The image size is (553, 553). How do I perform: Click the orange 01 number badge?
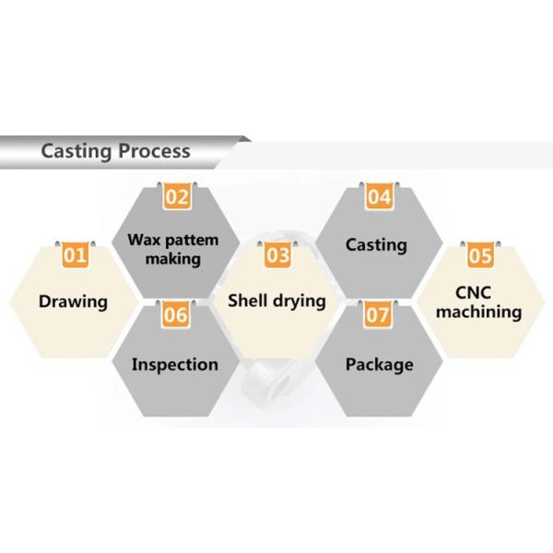[x=76, y=255]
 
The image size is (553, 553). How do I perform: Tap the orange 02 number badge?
[x=177, y=196]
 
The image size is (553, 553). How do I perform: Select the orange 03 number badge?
[x=277, y=255]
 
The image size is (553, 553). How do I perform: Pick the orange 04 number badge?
[x=379, y=196]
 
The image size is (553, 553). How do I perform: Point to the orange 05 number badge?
[x=480, y=255]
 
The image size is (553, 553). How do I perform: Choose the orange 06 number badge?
[x=176, y=314]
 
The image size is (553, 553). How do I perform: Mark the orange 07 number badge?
[x=377, y=314]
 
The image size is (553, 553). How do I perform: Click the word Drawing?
[x=74, y=302]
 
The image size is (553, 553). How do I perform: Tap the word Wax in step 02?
[x=145, y=241]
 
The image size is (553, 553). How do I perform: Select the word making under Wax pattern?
[x=173, y=259]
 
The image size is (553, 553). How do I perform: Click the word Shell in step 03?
[x=248, y=300]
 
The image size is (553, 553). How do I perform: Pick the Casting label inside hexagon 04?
[x=376, y=245]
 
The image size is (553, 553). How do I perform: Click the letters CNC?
[x=474, y=293]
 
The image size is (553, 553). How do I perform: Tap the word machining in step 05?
[x=479, y=312]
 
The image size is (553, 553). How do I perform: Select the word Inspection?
[x=175, y=365]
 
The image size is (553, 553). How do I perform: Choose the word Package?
[x=380, y=365]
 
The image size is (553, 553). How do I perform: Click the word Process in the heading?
[x=154, y=151]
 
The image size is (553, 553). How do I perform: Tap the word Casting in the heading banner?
[x=76, y=152]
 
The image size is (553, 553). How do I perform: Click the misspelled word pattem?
[x=192, y=241]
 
